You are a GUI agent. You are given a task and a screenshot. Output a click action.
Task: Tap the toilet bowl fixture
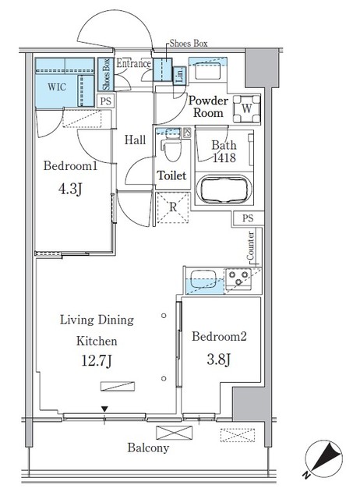click(170, 146)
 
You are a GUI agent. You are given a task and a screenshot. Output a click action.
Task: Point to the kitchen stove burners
click(238, 278)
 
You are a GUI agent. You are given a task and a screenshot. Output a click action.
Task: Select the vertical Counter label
click(251, 246)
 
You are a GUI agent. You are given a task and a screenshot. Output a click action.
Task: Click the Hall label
click(136, 140)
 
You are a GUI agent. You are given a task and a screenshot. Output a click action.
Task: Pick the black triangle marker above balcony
click(105, 409)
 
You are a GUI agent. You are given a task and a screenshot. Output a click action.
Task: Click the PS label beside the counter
click(248, 218)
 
